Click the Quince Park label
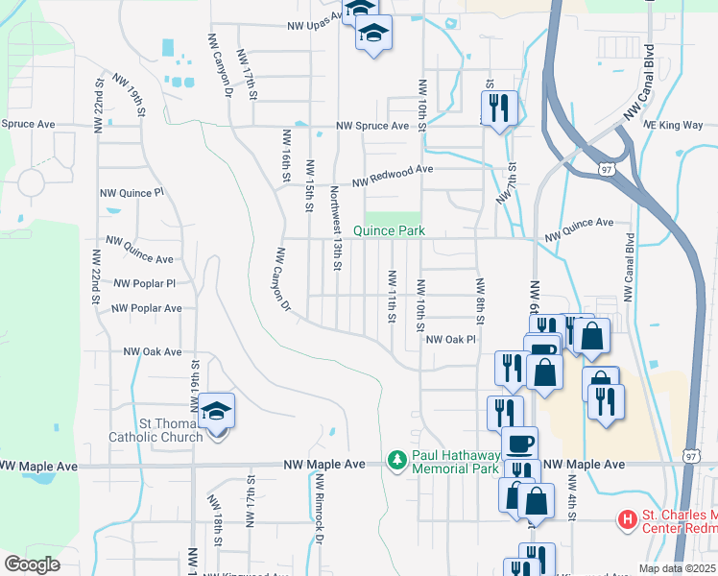[389, 230]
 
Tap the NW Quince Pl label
[132, 193]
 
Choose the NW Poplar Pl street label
[144, 284]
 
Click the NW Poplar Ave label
[146, 308]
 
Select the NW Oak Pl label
[450, 339]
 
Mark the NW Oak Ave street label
[152, 352]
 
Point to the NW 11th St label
[392, 297]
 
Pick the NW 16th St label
[286, 155]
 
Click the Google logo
[33, 564]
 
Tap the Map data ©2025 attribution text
[677, 568]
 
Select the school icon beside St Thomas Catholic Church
[217, 412]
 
